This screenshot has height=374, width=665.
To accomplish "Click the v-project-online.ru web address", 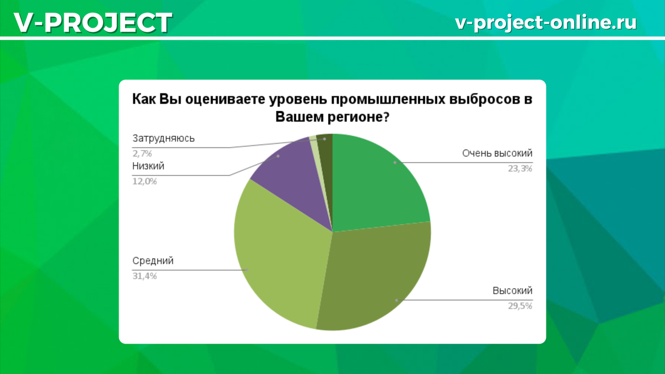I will [x=545, y=23].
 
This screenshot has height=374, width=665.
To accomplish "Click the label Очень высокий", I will [x=497, y=153].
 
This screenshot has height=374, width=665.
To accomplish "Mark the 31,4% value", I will [x=144, y=276].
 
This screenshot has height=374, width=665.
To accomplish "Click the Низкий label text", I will [x=148, y=166].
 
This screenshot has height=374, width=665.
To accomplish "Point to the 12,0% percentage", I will [x=144, y=181].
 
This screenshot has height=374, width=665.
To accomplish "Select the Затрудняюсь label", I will [x=163, y=138].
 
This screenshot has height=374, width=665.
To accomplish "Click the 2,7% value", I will [x=142, y=153].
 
